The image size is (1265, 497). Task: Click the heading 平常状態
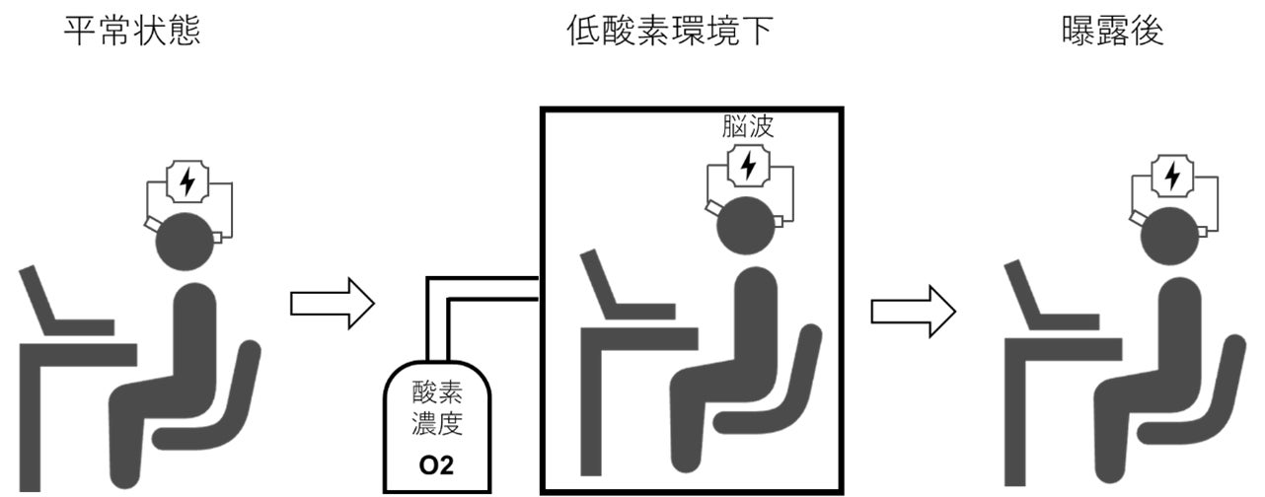pyautogui.click(x=132, y=32)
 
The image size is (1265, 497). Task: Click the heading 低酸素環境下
pyautogui.click(x=669, y=32)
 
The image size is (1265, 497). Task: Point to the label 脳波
pyautogui.click(x=749, y=127)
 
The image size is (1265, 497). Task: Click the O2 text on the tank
pyautogui.click(x=438, y=464)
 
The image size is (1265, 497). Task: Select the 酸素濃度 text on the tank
pyautogui.click(x=438, y=413)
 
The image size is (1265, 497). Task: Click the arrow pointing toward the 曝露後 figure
pyautogui.click(x=913, y=312)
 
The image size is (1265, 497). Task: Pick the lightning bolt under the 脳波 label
pyautogui.click(x=749, y=165)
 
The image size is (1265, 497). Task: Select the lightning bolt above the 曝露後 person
pyautogui.click(x=1172, y=176)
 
